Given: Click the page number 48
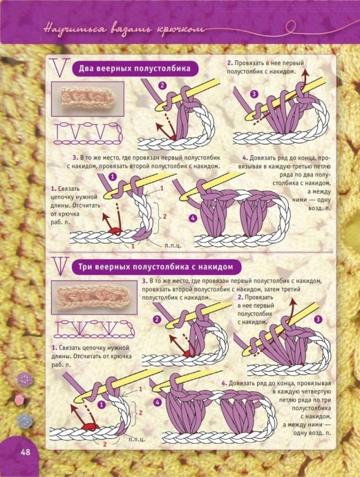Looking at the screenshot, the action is [x=26, y=451].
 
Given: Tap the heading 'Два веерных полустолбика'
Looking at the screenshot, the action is [x=135, y=68].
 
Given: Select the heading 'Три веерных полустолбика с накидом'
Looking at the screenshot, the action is [x=156, y=267].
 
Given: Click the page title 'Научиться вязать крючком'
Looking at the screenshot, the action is [x=124, y=30].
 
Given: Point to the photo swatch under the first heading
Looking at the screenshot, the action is [x=88, y=99].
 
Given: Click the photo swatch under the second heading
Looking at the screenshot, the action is [x=94, y=297].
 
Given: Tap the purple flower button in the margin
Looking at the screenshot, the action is [x=25, y=379].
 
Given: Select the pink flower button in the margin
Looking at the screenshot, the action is [x=19, y=400].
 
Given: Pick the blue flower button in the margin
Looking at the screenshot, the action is [x=24, y=421].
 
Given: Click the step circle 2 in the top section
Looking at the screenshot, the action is [x=162, y=86].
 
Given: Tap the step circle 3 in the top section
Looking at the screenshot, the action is [x=254, y=94].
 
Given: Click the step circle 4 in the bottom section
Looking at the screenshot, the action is [x=157, y=402].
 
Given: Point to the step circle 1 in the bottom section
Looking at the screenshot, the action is [x=102, y=404].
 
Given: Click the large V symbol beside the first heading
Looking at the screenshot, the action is [x=60, y=68].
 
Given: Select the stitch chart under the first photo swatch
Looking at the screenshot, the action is [x=88, y=133].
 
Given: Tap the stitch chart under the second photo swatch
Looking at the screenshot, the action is [x=95, y=328].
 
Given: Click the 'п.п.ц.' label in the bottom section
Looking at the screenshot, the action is [x=137, y=439].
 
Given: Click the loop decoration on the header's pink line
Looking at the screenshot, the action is [x=291, y=27].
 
